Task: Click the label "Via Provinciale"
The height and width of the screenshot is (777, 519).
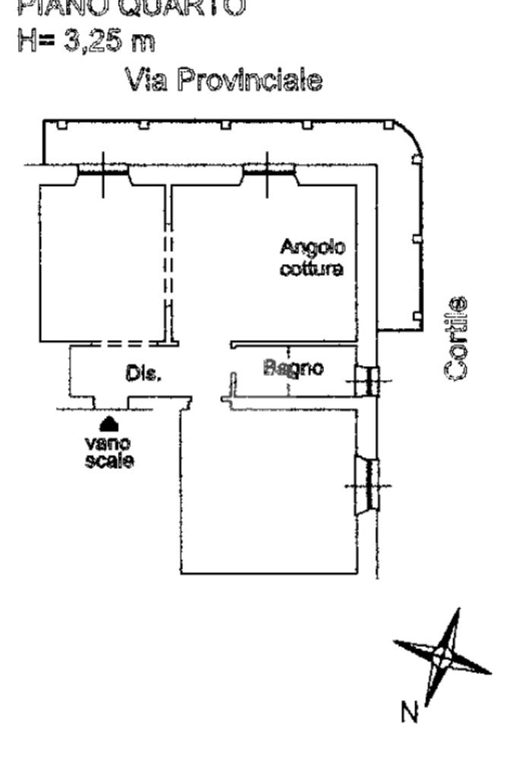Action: coord(225,79)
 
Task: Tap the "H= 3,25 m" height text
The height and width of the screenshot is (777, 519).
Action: coord(86,40)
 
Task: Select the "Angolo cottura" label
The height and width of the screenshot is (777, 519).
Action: coord(312,257)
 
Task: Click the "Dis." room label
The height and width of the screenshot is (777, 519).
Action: coord(141,374)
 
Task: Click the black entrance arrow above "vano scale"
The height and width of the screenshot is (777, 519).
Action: coord(110,420)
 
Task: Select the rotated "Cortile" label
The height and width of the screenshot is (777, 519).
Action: coord(456,336)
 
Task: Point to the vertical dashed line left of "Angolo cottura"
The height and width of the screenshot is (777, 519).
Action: coord(167,270)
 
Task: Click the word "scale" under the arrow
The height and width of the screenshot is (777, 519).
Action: coord(109,461)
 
